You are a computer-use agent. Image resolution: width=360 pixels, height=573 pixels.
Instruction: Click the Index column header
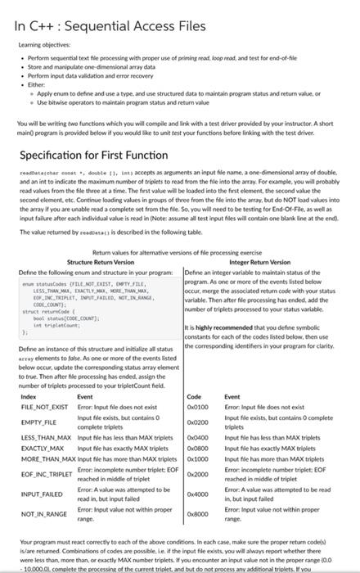pos(29,396)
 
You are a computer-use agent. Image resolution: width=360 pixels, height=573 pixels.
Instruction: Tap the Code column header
pos(194,396)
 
